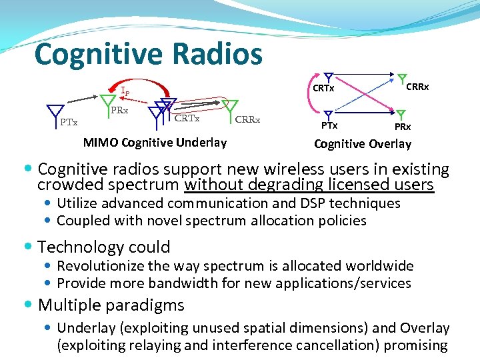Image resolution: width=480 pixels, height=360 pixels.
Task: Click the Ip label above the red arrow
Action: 125,91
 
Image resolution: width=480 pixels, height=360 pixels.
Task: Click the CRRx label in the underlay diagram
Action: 247,120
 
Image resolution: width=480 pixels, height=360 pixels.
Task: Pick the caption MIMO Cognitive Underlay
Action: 155,142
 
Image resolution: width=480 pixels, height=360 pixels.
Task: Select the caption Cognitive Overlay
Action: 362,143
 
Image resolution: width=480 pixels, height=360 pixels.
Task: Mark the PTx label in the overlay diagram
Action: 329,125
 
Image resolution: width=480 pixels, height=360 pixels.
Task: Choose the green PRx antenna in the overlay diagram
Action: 401,115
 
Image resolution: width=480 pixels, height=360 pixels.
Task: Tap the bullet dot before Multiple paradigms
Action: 31,306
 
